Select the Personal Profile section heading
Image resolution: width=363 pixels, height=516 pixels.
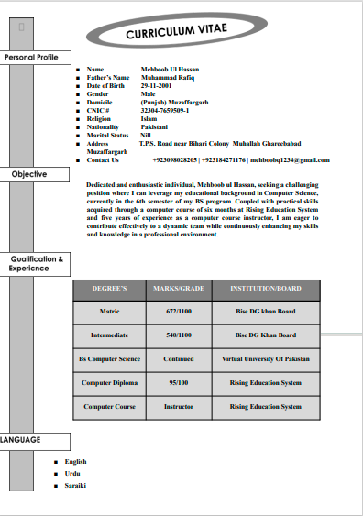point(31,57)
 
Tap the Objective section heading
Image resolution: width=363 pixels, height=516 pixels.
point(29,174)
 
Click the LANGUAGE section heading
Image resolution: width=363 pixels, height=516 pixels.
point(20,440)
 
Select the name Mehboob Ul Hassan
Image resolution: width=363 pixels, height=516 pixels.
point(170,69)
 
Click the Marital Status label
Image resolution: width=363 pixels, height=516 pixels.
point(107,135)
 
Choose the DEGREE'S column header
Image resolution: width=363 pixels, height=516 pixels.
point(109,289)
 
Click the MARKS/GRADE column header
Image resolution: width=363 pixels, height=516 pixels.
point(179,289)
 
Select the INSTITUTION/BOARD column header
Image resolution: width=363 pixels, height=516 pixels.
point(265,289)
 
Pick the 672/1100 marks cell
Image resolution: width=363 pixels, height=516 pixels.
point(179,312)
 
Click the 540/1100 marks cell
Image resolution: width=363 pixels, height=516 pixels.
point(179,335)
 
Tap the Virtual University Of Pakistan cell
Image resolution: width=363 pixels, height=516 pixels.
point(265,359)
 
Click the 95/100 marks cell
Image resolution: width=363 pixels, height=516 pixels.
point(179,382)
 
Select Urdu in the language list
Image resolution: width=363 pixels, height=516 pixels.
point(73,473)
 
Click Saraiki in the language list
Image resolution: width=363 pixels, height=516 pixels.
point(75,484)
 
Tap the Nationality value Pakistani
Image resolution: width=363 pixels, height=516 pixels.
point(155,126)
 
